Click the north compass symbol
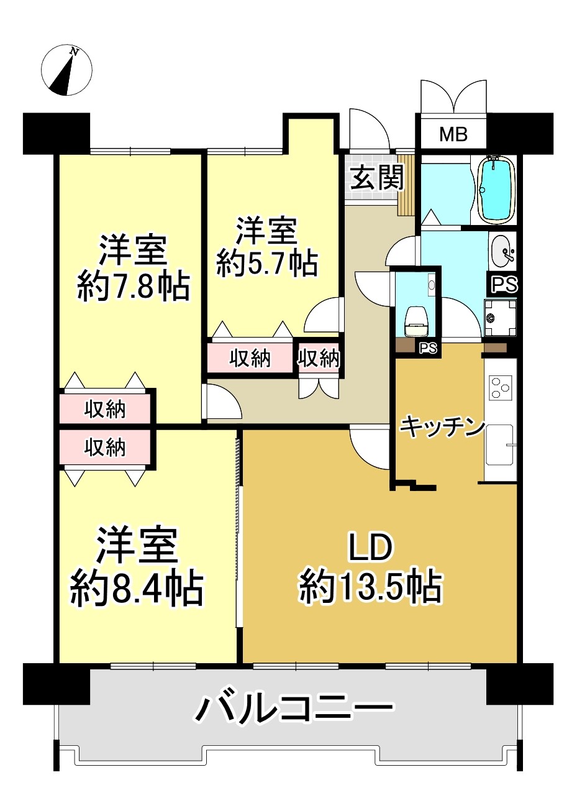[66, 71]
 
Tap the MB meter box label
[453, 134]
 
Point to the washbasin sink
[502, 250]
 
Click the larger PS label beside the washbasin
[504, 285]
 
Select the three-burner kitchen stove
[500, 388]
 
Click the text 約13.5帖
[370, 590]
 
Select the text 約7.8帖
[134, 288]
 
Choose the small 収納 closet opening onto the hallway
[319, 359]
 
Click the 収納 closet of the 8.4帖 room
[104, 448]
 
